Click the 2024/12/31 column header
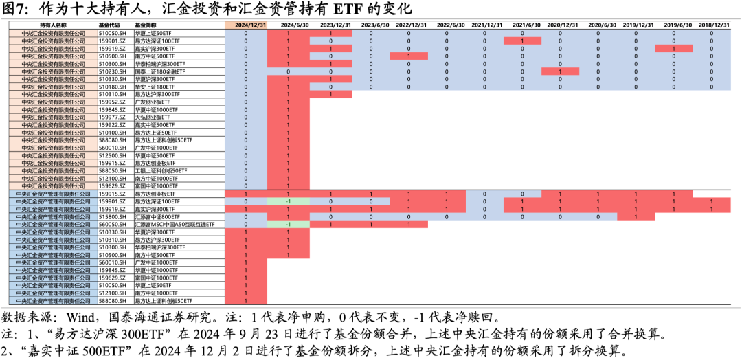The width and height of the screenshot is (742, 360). pyautogui.click(x=245, y=25)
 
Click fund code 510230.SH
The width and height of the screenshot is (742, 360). pyautogui.click(x=113, y=71)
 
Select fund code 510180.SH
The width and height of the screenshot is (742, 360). pyautogui.click(x=113, y=87)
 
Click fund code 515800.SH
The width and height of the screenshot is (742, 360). pyautogui.click(x=113, y=216)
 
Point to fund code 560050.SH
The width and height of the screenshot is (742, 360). pyautogui.click(x=113, y=224)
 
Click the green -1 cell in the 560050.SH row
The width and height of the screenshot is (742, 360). pyautogui.click(x=288, y=224)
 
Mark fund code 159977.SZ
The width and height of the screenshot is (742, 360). pyautogui.click(x=113, y=117)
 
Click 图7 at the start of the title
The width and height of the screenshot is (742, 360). pyautogui.click(x=16, y=9)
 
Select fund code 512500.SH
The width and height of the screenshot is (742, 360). pyautogui.click(x=113, y=155)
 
